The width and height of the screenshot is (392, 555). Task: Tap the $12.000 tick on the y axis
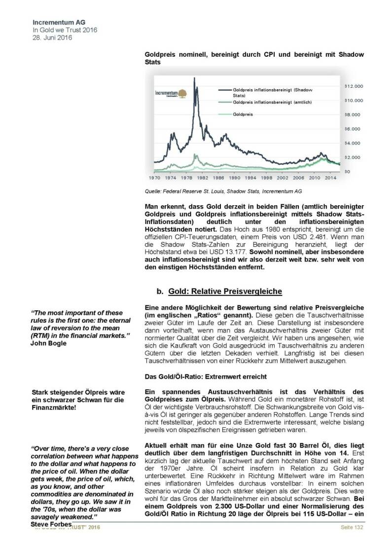click(354, 86)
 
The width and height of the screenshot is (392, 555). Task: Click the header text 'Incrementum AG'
click(56, 23)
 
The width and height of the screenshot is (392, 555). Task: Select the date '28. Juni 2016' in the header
click(52, 37)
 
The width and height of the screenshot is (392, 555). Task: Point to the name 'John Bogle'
click(47, 343)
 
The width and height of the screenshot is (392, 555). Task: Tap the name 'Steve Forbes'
click(51, 523)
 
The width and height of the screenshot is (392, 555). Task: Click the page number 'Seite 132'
click(352, 527)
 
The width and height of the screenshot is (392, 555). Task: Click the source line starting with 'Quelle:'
click(223, 190)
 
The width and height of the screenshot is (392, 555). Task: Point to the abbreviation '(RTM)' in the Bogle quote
click(42, 335)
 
